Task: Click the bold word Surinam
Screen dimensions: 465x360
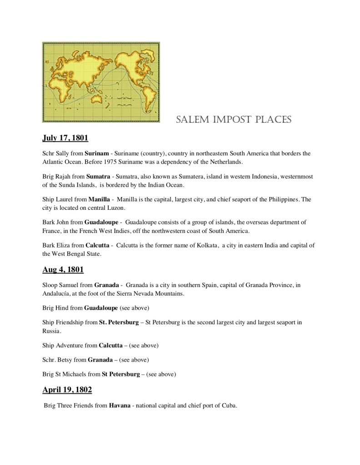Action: coord(97,153)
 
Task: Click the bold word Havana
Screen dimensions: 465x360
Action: coord(119,406)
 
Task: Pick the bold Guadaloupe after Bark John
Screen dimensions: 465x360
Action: coord(102,222)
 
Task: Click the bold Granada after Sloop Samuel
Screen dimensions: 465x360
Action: coord(107,285)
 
